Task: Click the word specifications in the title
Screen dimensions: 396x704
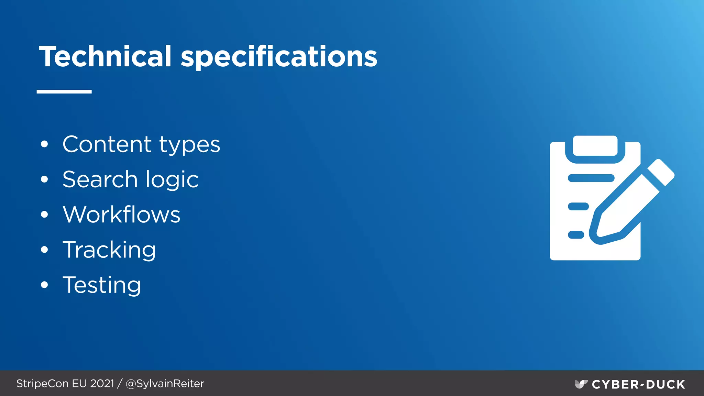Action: pyautogui.click(x=279, y=57)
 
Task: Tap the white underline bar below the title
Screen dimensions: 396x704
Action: pyautogui.click(x=64, y=91)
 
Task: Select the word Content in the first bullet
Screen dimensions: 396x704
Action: pyautogui.click(x=107, y=144)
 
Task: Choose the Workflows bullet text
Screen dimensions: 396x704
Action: pyautogui.click(x=121, y=214)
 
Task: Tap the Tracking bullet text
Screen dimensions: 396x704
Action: pyautogui.click(x=109, y=250)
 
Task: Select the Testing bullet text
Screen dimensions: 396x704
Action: pyautogui.click(x=102, y=286)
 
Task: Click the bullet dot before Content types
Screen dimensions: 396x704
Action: pyautogui.click(x=44, y=144)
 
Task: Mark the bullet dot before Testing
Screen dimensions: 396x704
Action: pyautogui.click(x=44, y=285)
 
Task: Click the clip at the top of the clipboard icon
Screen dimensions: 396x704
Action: pyautogui.click(x=595, y=146)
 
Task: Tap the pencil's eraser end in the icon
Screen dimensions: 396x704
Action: pyautogui.click(x=661, y=172)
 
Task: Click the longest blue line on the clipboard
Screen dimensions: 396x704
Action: pyautogui.click(x=591, y=178)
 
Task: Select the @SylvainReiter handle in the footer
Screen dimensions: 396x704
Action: pyautogui.click(x=165, y=383)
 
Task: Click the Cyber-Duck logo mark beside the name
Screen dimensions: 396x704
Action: pyautogui.click(x=581, y=384)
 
